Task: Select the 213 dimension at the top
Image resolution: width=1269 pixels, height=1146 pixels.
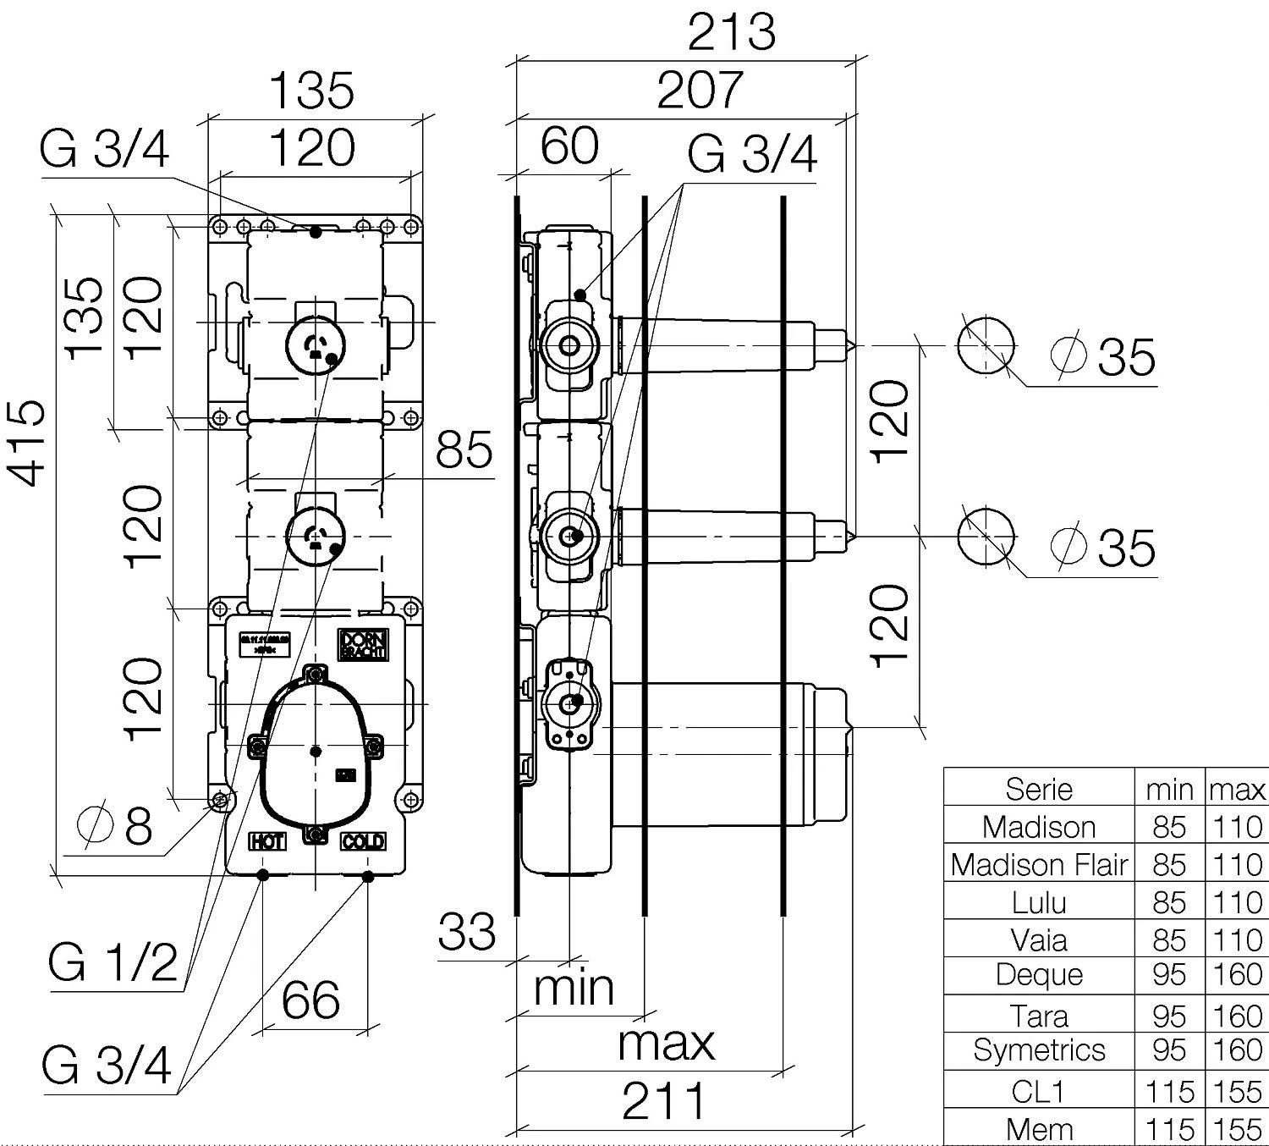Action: tap(731, 32)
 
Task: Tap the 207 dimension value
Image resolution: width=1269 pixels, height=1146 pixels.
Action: tap(700, 90)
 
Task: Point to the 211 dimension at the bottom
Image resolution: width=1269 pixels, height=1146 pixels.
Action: tap(664, 1100)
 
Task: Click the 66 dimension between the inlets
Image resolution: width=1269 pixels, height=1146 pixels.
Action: tap(310, 1000)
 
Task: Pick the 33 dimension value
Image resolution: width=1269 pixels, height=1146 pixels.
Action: tap(466, 932)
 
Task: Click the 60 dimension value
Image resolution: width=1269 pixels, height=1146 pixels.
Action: tap(569, 146)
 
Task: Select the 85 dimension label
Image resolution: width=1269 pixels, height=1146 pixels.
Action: tap(464, 449)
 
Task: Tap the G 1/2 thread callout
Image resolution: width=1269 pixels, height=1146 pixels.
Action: tap(113, 961)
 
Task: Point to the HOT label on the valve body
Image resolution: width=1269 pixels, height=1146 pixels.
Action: tap(266, 841)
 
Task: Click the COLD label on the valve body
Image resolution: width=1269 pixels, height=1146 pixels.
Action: tap(363, 841)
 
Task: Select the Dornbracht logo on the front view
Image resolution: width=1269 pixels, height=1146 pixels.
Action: tap(363, 645)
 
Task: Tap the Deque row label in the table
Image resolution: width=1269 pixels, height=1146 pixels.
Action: tap(1039, 974)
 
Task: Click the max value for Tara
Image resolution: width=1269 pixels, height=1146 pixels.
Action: tap(1237, 1014)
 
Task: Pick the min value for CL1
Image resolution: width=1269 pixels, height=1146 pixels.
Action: tap(1168, 1091)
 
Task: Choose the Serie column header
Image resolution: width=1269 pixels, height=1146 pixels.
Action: tap(1039, 789)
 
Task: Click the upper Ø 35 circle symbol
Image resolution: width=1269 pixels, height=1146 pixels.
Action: tap(986, 345)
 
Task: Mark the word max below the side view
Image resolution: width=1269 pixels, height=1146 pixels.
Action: tap(666, 1043)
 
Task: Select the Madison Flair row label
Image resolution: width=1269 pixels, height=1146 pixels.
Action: tap(1039, 864)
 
